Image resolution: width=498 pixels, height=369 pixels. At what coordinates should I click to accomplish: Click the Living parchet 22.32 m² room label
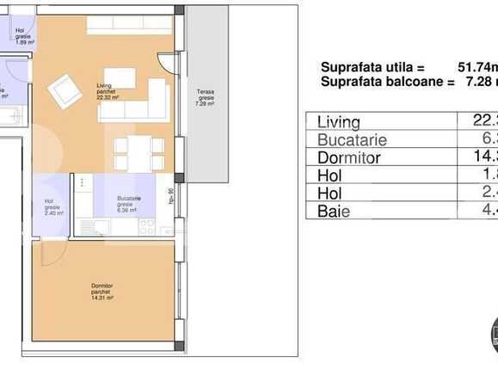(x=107, y=90)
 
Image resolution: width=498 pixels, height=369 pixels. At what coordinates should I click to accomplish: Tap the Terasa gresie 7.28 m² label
(x=205, y=96)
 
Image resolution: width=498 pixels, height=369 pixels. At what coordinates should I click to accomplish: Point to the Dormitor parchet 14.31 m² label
(x=102, y=292)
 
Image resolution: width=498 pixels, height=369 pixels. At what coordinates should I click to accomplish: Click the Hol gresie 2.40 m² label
(x=52, y=207)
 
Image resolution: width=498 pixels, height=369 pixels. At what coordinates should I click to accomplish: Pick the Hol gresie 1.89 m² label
(x=23, y=35)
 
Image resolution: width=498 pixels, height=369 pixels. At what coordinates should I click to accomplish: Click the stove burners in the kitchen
(x=146, y=227)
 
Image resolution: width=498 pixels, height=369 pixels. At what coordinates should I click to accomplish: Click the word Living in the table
(x=339, y=122)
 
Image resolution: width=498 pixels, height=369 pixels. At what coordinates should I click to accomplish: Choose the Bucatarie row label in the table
(x=352, y=140)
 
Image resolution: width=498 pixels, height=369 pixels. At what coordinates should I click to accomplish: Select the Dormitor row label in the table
(x=349, y=158)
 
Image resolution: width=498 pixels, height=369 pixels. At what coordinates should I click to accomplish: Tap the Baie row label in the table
(x=334, y=212)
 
